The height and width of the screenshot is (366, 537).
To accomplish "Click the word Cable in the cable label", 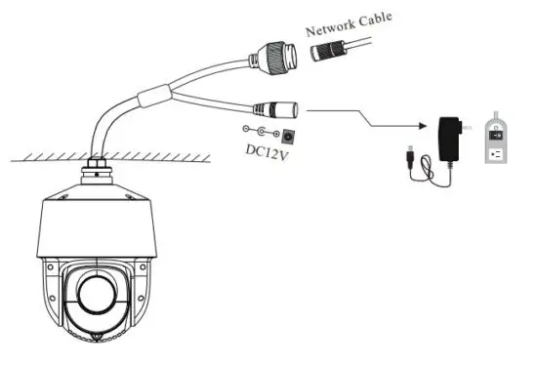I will coord(377,19).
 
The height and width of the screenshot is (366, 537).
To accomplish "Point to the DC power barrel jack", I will coord(275,109).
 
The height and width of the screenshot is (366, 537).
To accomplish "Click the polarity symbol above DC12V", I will coord(259,132).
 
